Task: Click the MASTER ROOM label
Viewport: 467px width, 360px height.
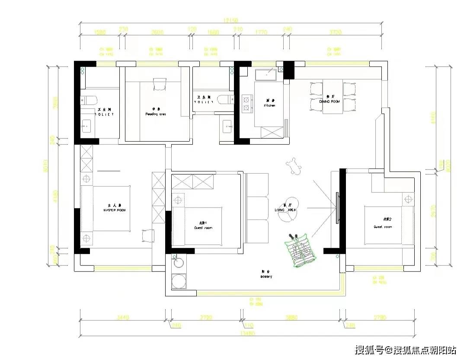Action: pyautogui.click(x=114, y=210)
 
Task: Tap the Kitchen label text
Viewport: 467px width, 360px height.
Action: pyautogui.click(x=269, y=105)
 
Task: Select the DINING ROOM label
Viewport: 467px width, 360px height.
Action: pyautogui.click(x=329, y=101)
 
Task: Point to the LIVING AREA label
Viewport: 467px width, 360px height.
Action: pyautogui.click(x=285, y=210)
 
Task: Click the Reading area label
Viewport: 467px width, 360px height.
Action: pyautogui.click(x=156, y=115)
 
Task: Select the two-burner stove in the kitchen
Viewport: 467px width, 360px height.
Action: pyautogui.click(x=247, y=104)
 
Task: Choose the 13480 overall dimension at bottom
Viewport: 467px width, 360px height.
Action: pyautogui.click(x=249, y=333)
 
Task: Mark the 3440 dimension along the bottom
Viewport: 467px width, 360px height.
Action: pyautogui.click(x=123, y=318)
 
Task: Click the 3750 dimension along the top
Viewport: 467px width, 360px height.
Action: pyautogui.click(x=335, y=32)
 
